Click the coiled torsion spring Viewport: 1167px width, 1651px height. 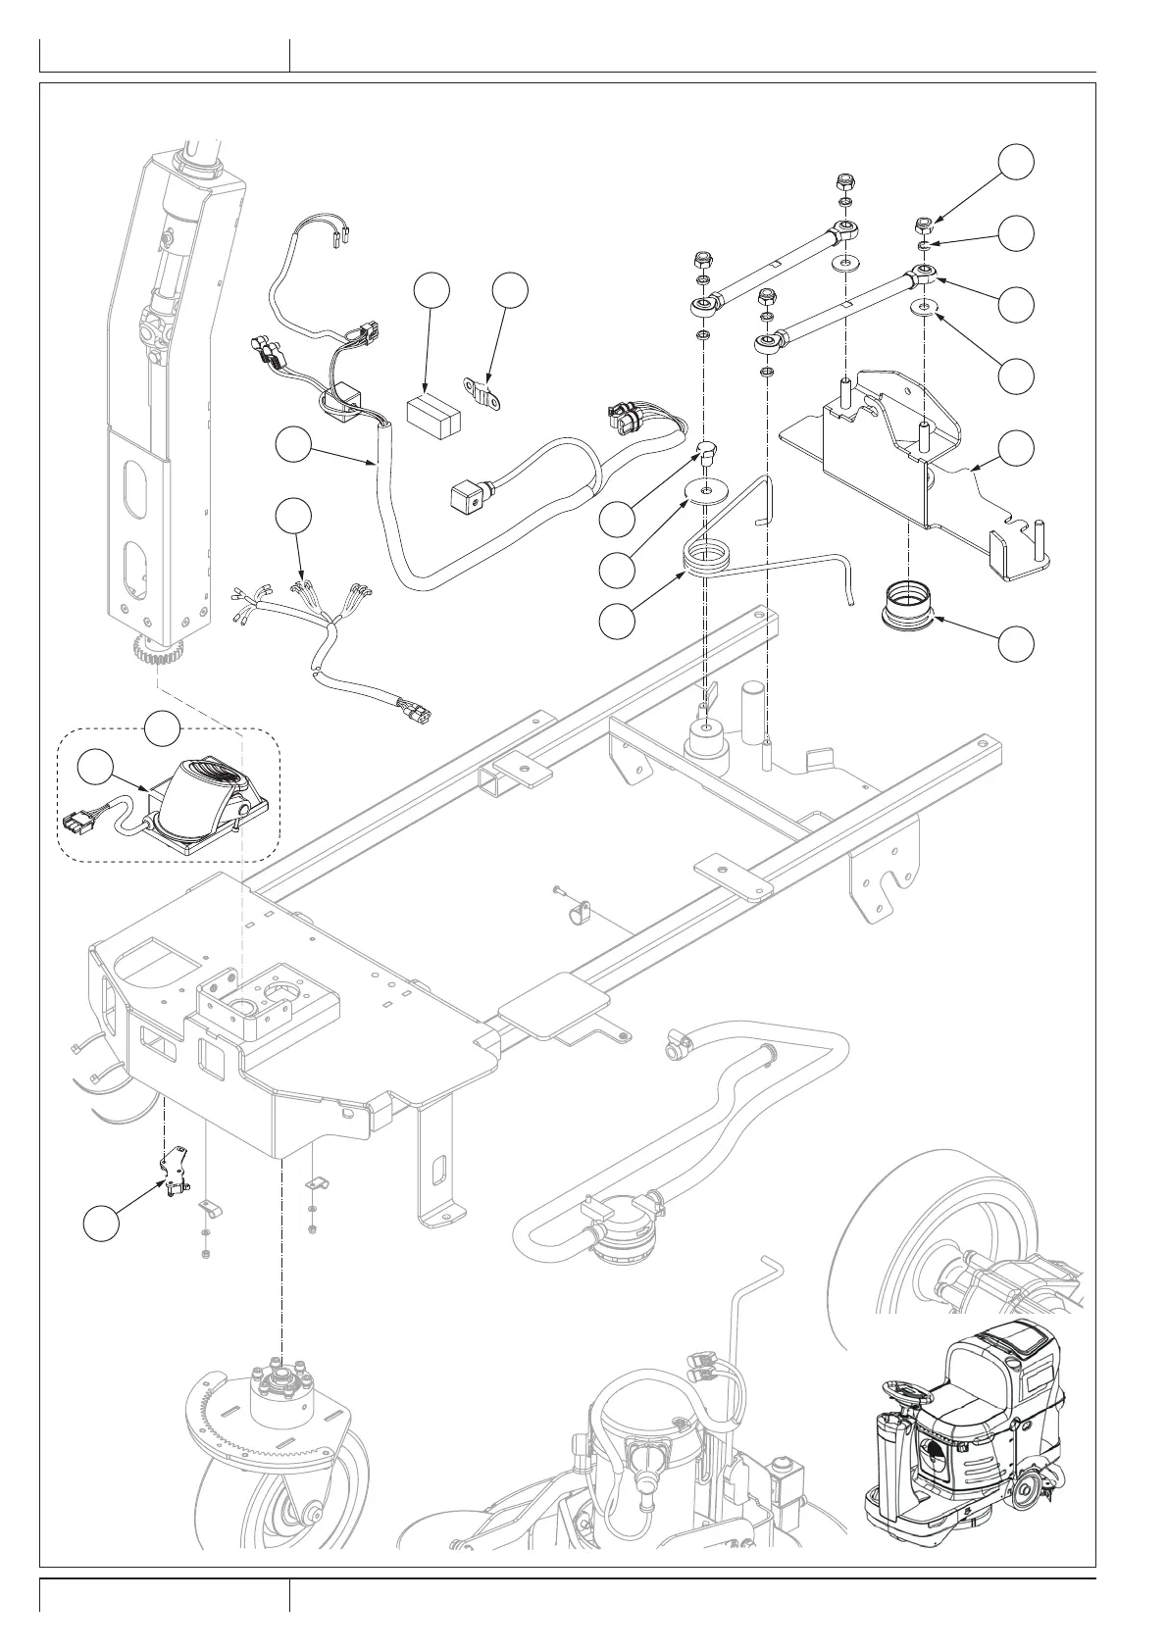[x=711, y=561]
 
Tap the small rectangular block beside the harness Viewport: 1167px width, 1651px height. [x=432, y=416]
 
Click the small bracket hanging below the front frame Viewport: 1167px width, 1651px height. [x=174, y=1172]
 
